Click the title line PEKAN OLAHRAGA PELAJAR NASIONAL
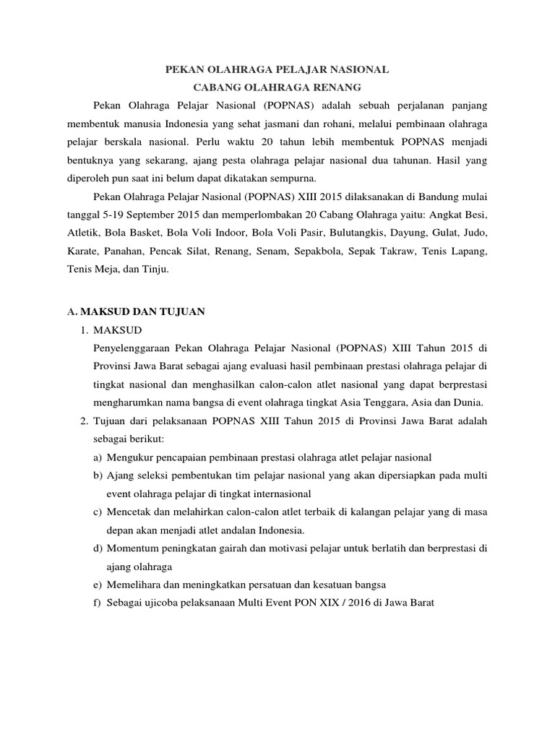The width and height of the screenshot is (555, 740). click(x=277, y=69)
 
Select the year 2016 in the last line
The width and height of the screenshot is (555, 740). click(x=349, y=603)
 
